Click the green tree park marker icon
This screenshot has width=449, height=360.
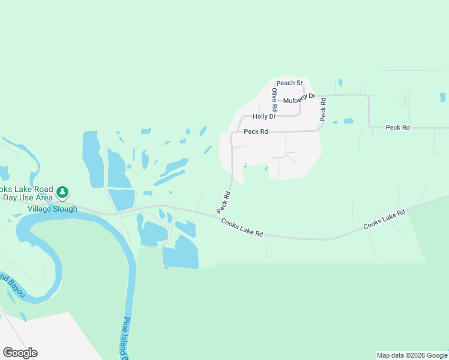click(x=62, y=193)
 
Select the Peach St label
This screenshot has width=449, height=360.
click(x=289, y=83)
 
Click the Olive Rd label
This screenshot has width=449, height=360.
click(x=274, y=100)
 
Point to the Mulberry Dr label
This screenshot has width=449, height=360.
click(x=299, y=98)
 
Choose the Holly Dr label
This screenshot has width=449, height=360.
click(x=264, y=116)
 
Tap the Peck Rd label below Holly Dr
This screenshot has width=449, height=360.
click(x=256, y=131)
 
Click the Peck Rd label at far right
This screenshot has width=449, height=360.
click(x=397, y=127)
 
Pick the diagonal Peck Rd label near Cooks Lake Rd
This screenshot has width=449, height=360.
click(x=223, y=202)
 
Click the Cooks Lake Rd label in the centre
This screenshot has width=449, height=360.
click(x=242, y=228)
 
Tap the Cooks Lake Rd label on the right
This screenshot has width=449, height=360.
click(x=384, y=220)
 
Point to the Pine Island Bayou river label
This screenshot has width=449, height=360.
click(x=127, y=339)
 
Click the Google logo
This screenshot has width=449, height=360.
click(x=20, y=353)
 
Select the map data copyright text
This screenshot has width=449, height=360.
click(x=412, y=355)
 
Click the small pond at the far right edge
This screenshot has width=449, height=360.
click(x=442, y=97)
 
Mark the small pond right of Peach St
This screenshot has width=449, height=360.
click(x=340, y=82)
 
